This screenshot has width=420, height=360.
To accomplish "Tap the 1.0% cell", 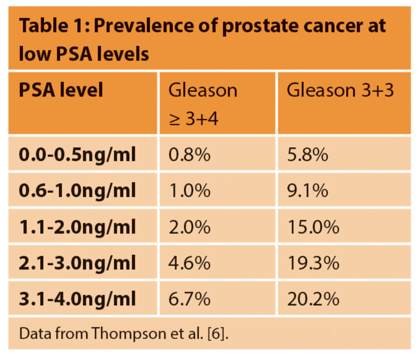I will [189, 191].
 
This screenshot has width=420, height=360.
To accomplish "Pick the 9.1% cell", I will [307, 191].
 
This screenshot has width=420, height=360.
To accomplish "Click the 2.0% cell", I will [189, 227].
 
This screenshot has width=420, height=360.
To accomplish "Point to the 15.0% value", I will [313, 227].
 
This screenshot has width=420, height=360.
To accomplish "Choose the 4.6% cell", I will [189, 263].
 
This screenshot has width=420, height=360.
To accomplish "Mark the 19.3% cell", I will [313, 263].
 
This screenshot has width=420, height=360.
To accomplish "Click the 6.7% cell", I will [189, 299].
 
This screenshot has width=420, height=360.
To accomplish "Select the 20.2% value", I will [313, 299].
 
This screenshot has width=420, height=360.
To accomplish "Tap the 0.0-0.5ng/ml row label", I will [77, 155].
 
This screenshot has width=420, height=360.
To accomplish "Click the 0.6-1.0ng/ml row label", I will [77, 191].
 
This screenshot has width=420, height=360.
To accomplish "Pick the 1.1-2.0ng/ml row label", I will [77, 227].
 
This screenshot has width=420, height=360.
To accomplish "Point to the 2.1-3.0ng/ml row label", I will [77, 263].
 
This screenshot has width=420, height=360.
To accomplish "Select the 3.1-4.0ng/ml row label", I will [77, 299].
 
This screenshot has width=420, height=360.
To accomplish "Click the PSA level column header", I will [61, 90].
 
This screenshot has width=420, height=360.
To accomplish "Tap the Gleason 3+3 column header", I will [340, 90].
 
